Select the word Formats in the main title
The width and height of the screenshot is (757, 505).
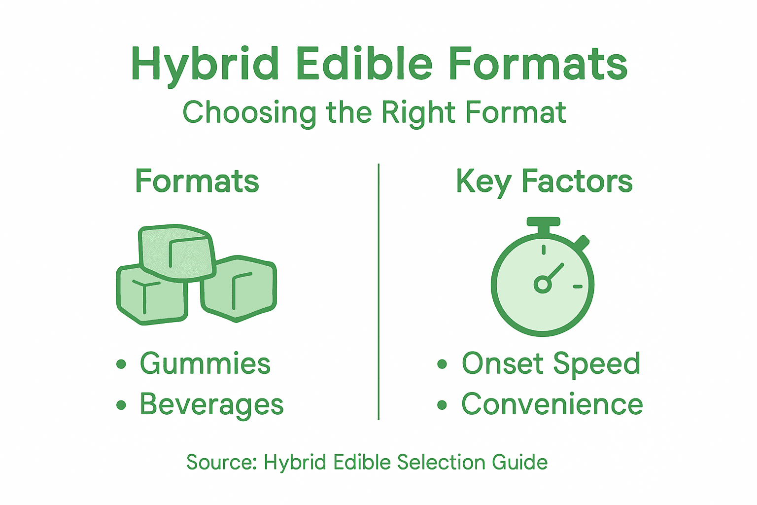(538, 65)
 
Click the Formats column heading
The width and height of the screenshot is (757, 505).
(197, 181)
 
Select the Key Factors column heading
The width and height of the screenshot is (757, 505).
(544, 181)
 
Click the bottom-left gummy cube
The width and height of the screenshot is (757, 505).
(150, 296)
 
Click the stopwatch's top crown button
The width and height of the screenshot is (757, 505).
(543, 222)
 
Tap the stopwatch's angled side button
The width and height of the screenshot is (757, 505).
(582, 243)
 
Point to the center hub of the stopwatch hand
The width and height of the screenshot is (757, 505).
(543, 285)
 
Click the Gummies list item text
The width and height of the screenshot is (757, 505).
(205, 364)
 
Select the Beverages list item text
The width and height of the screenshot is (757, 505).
(212, 405)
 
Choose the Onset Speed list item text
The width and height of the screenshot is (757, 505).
(551, 364)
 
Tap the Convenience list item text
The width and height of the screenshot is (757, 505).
(552, 404)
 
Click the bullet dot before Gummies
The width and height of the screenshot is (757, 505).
(121, 364)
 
